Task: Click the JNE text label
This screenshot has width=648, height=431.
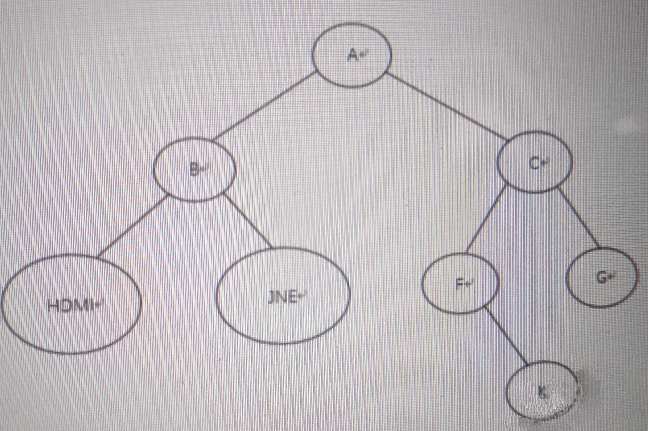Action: tap(283, 297)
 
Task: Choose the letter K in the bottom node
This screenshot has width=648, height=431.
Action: tap(542, 392)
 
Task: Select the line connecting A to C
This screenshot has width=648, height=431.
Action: tap(448, 107)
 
